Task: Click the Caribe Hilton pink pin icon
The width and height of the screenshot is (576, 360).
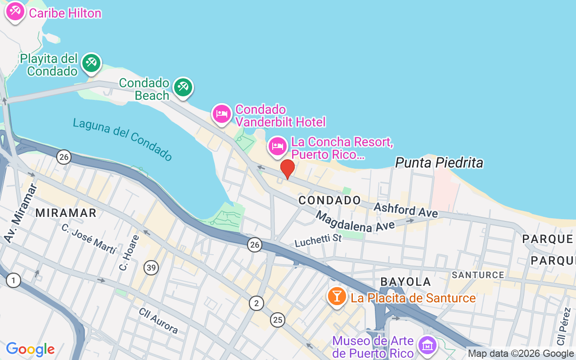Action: pos(15,11)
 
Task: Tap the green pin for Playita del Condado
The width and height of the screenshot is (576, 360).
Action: pos(91,63)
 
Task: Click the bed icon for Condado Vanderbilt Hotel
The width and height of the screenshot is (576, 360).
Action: pos(221,114)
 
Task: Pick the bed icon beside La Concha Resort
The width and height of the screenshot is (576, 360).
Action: pos(278,146)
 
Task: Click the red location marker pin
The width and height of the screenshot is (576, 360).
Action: pos(287,169)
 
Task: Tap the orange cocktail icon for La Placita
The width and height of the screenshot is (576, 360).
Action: pos(336,296)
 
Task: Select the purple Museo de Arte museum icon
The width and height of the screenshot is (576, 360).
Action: pos(426,345)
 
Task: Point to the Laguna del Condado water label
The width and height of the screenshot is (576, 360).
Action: pos(122,139)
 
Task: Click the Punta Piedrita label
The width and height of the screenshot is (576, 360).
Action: pos(439,162)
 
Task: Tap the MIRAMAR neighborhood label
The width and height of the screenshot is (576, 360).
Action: pos(66,213)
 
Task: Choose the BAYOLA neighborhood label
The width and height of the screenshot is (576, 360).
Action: pos(405,282)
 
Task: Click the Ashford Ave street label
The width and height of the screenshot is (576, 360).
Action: pos(405,210)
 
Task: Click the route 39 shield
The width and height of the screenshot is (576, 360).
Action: pos(151,268)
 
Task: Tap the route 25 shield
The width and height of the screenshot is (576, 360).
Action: pos(278,320)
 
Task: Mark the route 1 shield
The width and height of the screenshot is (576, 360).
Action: pos(13,281)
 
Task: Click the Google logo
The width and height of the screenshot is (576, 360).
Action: pos(31,349)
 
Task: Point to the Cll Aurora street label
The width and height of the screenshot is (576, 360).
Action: pos(158,321)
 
